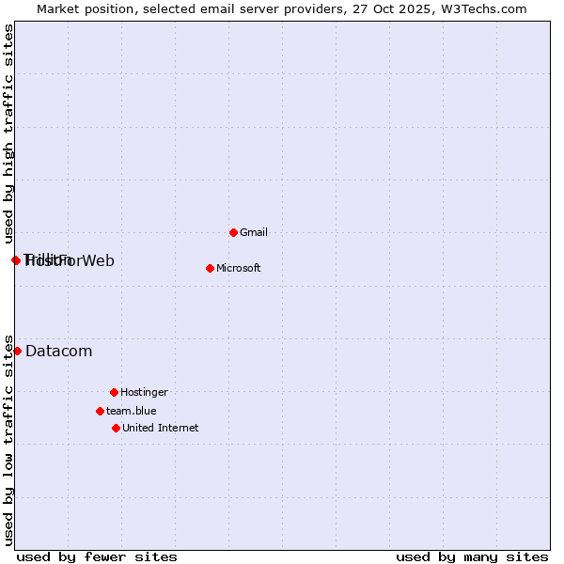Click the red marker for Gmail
pos(233,232)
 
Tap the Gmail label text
pos(254,232)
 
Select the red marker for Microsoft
pos(210,268)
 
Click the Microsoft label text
pos(238,268)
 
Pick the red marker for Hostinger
pos(114,392)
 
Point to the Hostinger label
pos(144,392)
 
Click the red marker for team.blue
pos(100,411)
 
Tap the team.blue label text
pos(131,411)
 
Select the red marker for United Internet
pos(116,428)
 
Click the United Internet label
pos(160,428)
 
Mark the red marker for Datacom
pos(17,351)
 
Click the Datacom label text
pos(58,352)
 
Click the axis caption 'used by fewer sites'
pos(97,556)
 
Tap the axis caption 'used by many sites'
pos(472,556)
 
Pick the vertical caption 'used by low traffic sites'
pos(8,439)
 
